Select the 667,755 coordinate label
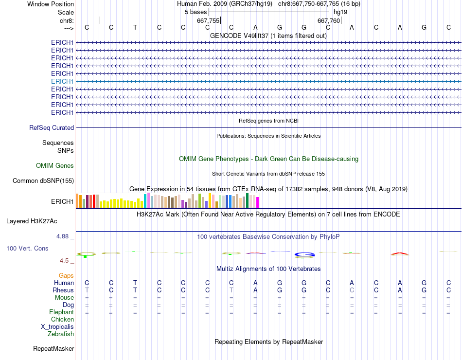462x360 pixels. pyautogui.click(x=208, y=20)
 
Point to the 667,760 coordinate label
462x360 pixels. pyautogui.click(x=329, y=20)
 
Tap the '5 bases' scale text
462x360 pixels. pyautogui.click(x=195, y=12)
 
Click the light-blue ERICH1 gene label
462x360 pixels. pyautogui.click(x=62, y=81)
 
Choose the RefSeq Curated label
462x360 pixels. pyautogui.click(x=52, y=128)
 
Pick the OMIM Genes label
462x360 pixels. pyautogui.click(x=55, y=166)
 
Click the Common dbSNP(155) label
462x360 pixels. pyautogui.click(x=43, y=181)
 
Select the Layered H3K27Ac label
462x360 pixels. pyautogui.click(x=32, y=221)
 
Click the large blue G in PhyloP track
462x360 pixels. pyautogui.click(x=304, y=254)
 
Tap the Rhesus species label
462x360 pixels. pyautogui.click(x=63, y=290)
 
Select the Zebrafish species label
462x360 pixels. pyautogui.click(x=61, y=334)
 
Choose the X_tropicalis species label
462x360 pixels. pyautogui.click(x=57, y=327)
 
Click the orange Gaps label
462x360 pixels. pyautogui.click(x=67, y=276)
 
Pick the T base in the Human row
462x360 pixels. pyautogui.click(x=135, y=283)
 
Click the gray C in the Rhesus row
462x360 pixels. pyautogui.click(x=352, y=290)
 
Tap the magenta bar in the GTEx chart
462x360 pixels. pyautogui.click(x=257, y=202)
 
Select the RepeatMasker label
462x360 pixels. pyautogui.click(x=53, y=349)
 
